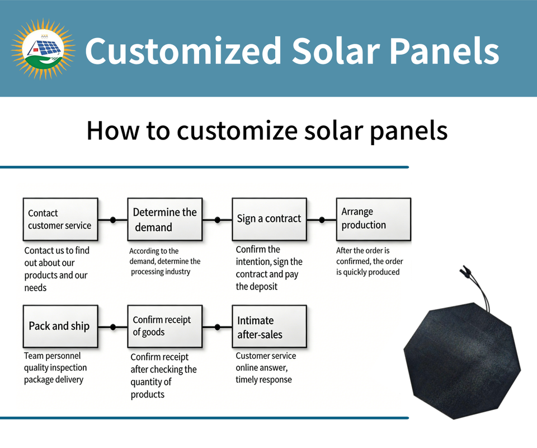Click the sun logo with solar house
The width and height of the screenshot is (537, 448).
43,49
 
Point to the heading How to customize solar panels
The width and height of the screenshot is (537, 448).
267,131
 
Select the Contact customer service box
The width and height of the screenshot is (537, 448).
60,220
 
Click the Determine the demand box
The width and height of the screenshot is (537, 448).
164,220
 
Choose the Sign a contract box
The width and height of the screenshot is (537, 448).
269,220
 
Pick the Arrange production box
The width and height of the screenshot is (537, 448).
374,220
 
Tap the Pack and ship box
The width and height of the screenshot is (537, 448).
60,326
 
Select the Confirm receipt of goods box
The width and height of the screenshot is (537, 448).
164,326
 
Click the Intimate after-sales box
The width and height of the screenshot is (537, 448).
269,326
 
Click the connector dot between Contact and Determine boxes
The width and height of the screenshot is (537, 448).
113,220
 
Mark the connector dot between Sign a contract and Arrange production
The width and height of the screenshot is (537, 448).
322,220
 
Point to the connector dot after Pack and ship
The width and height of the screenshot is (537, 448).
113,328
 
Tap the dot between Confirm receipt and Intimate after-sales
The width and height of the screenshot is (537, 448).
217,328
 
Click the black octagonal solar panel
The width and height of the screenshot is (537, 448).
463,361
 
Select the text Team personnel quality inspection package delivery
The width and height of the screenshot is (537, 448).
55,368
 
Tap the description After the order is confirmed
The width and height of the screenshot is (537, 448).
370,261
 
